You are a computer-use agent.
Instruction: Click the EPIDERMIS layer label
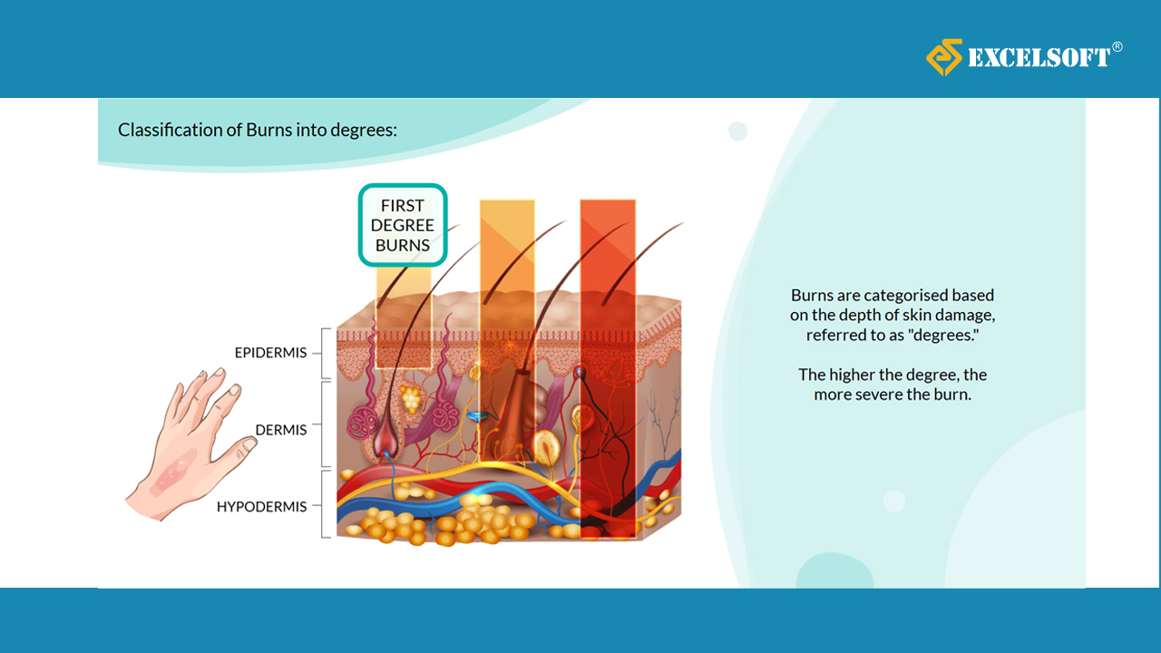270,353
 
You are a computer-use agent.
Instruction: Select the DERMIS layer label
281,430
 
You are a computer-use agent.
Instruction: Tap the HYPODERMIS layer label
262,506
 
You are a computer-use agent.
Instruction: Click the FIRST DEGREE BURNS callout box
403,226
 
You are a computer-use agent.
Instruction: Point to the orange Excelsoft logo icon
944,57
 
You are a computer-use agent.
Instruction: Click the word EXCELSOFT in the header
1039,57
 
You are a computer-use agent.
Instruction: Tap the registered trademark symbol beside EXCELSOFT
1117,47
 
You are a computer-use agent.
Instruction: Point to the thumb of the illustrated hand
236,452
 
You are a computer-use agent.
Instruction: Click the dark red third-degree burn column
608,369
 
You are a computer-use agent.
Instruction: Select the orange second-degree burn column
507,331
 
